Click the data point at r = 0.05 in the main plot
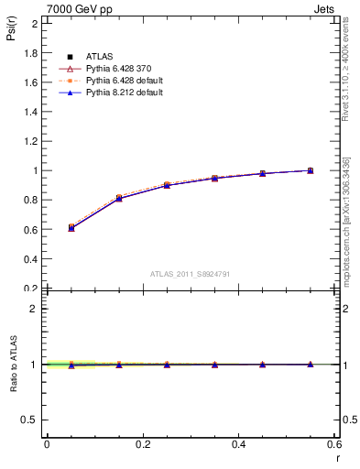click(71, 227)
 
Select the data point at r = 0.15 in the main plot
click(119, 198)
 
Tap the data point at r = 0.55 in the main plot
click(311, 170)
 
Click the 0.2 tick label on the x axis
click(142, 444)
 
